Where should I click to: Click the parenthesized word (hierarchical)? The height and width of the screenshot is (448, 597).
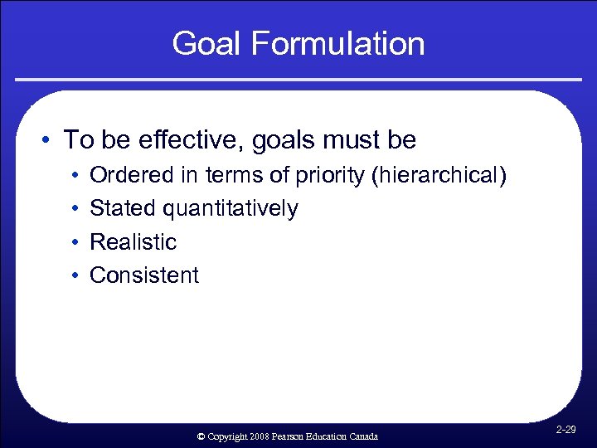(442, 175)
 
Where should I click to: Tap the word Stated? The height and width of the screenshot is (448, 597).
(123, 208)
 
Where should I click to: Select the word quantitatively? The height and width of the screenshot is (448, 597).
(231, 208)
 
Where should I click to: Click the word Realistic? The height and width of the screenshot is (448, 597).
(133, 241)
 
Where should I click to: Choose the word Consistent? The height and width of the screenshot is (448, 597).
(144, 275)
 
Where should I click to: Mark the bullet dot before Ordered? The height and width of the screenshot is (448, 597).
(75, 176)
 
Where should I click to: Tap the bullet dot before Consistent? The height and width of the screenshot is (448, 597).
(75, 275)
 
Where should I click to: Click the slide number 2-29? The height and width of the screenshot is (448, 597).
(566, 430)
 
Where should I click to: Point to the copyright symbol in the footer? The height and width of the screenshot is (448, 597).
(201, 436)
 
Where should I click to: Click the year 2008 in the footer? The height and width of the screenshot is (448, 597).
(256, 436)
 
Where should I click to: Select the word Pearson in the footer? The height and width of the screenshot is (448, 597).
(287, 436)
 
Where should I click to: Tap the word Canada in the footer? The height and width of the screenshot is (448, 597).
(362, 436)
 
